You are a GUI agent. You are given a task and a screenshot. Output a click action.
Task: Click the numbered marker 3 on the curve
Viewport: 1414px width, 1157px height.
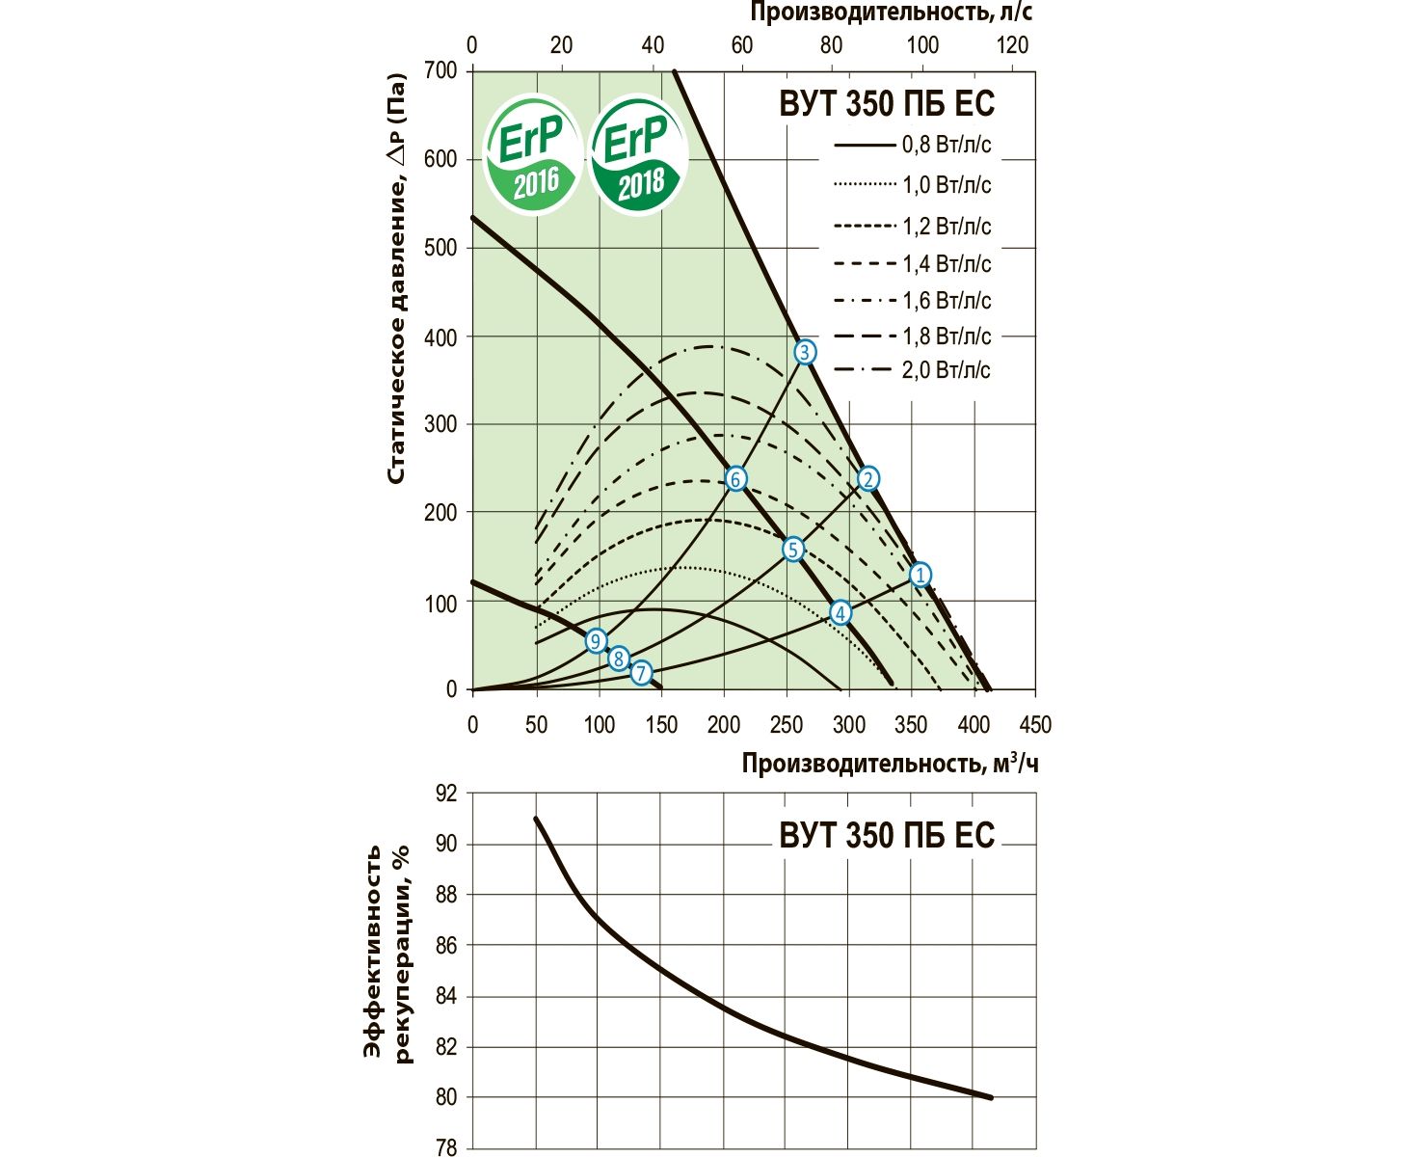pyautogui.click(x=805, y=352)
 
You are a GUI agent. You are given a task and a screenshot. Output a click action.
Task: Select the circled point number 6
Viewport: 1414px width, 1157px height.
pyautogui.click(x=735, y=479)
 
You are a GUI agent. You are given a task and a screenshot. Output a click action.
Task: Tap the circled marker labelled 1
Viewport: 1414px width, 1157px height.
pyautogui.click(x=920, y=576)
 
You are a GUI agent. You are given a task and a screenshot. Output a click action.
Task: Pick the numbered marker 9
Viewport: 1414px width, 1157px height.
pyautogui.click(x=596, y=641)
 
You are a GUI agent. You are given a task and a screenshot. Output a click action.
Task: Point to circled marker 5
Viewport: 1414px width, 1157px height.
pyautogui.click(x=792, y=550)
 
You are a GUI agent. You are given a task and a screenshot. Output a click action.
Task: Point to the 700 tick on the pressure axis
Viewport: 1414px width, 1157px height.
pyautogui.click(x=440, y=71)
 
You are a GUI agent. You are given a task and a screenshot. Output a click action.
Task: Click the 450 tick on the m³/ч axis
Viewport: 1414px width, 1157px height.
pyautogui.click(x=1035, y=725)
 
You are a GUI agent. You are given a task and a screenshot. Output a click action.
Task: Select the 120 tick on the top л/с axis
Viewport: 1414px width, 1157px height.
pyautogui.click(x=1013, y=45)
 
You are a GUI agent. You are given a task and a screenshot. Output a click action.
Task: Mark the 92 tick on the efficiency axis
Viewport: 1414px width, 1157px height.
pyautogui.click(x=447, y=794)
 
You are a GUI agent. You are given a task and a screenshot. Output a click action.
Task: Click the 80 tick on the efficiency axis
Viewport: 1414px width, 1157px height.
pyautogui.click(x=447, y=1098)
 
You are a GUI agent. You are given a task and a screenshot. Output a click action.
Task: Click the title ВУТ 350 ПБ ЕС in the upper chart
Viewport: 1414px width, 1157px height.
pyautogui.click(x=886, y=104)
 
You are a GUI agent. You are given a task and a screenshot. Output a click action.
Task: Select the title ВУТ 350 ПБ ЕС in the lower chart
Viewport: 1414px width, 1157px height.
pyautogui.click(x=886, y=835)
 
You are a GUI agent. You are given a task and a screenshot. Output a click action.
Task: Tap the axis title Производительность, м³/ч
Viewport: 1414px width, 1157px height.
pyautogui.click(x=890, y=764)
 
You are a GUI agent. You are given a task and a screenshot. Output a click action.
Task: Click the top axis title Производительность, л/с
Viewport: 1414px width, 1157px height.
pyautogui.click(x=891, y=13)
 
